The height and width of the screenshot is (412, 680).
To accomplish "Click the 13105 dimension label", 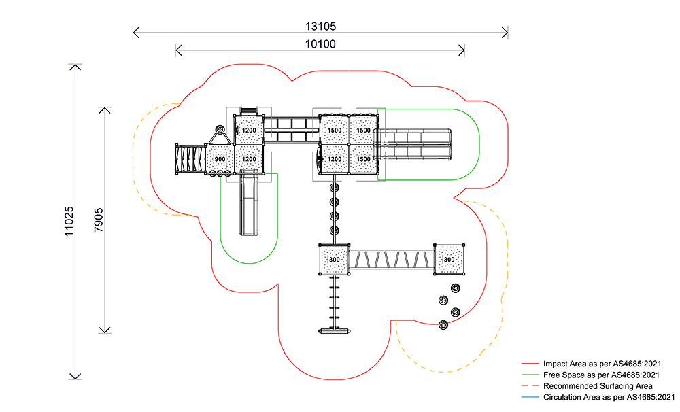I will point(321,27).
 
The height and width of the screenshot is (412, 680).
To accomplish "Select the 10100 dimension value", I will point(320,44).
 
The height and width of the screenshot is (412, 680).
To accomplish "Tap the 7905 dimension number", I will point(99,219).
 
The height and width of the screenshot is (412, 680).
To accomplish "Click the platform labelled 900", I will point(220,159).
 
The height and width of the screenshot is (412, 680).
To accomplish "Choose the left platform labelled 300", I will point(334,260).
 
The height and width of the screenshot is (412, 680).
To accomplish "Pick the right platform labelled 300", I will point(449,260).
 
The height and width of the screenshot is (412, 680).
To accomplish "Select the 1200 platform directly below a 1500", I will point(334,159).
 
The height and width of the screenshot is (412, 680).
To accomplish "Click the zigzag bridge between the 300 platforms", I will point(392,260).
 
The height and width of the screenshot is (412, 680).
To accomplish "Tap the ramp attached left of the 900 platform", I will point(190,160).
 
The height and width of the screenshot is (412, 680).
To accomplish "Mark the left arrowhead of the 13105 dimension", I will point(135,31).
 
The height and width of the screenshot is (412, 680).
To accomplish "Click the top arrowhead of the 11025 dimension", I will point(75,67).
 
